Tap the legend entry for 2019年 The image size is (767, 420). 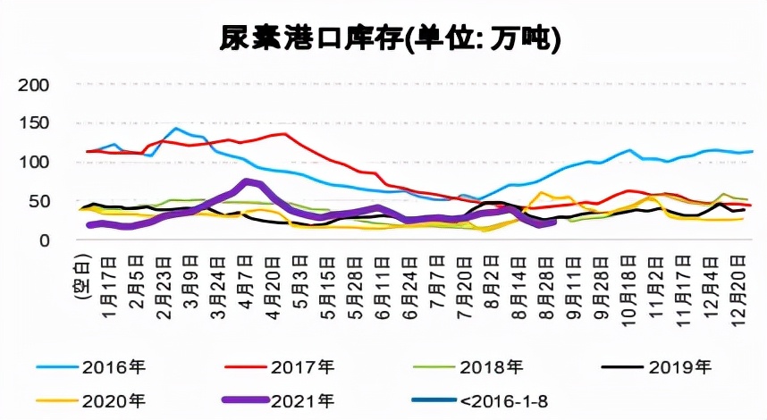[x=679, y=366]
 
